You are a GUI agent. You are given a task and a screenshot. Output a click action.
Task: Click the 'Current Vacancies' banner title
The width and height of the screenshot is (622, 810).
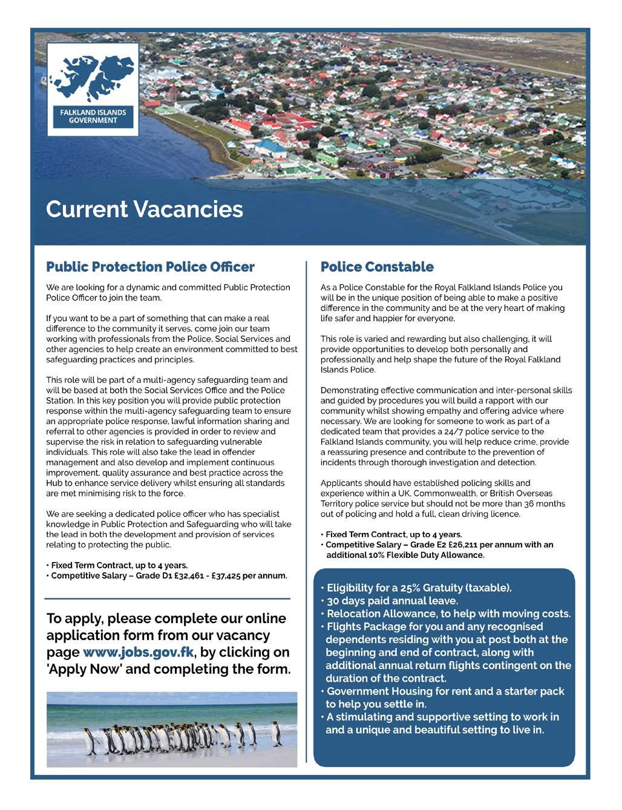[x=144, y=209]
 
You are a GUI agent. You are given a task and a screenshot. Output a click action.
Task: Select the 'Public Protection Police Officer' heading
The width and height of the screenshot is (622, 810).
[x=150, y=267]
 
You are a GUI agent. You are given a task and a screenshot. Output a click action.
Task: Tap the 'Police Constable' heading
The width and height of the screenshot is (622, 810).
[x=377, y=267]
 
